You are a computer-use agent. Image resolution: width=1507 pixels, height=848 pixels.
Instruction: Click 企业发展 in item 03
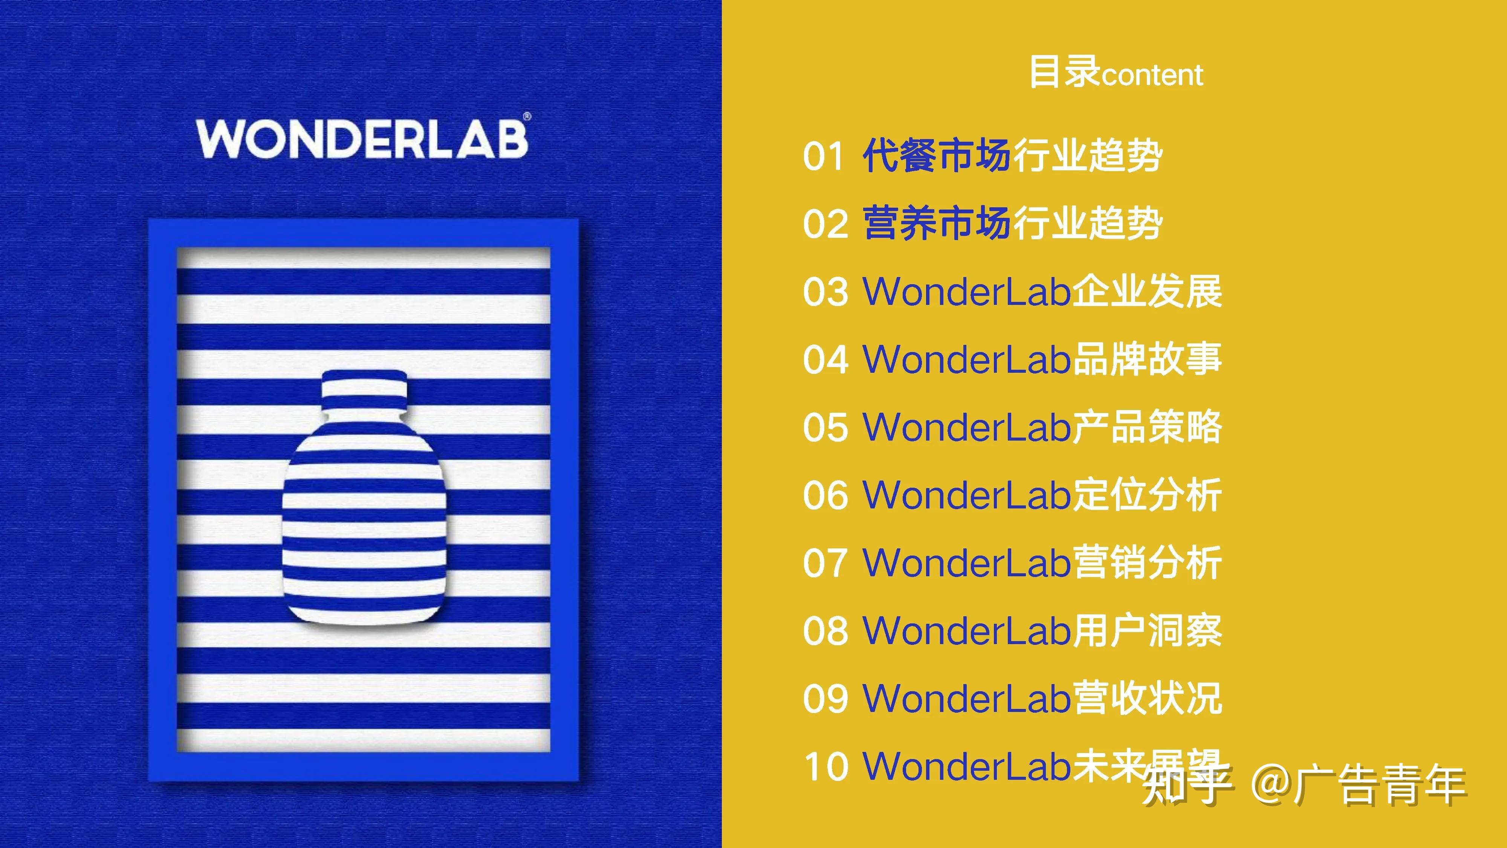point(1146,291)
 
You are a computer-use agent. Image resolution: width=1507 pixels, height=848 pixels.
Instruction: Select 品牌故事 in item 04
point(1146,359)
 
